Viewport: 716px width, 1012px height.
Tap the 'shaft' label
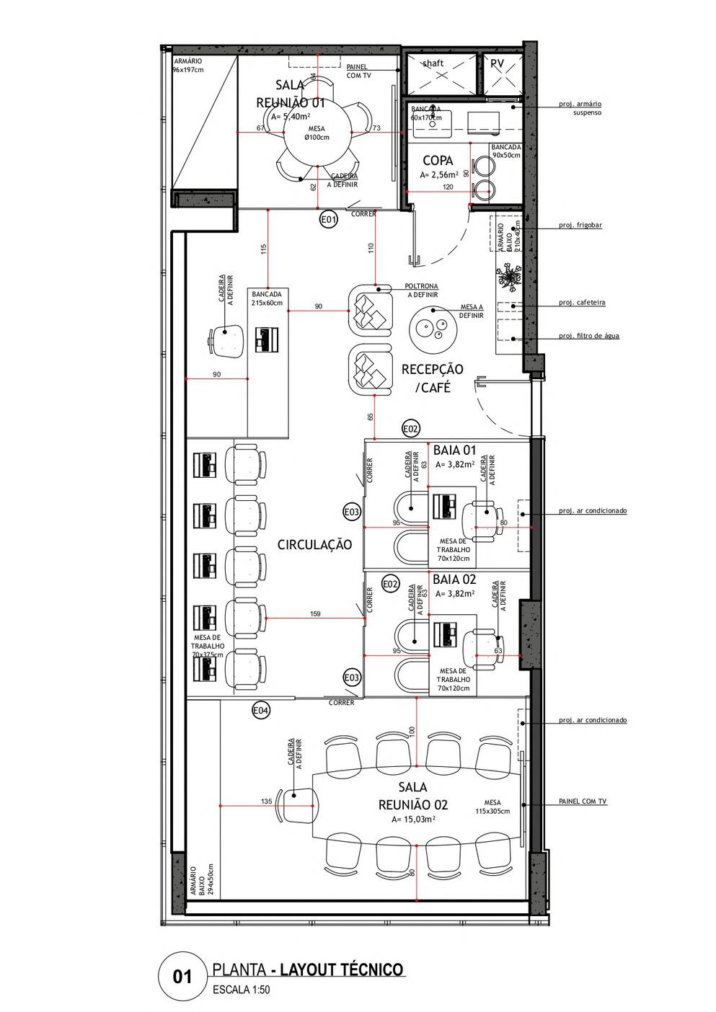(x=433, y=63)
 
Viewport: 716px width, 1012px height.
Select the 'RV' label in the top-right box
(x=497, y=63)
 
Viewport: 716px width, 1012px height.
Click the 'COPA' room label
(x=438, y=161)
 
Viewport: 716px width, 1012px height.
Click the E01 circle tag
(x=328, y=220)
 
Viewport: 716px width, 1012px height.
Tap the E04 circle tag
(x=260, y=711)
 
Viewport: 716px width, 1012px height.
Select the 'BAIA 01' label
(x=455, y=450)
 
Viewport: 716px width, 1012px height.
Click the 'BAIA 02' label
(x=454, y=580)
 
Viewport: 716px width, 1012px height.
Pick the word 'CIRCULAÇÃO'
(x=315, y=545)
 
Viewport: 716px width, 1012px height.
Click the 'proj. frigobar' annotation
(x=580, y=225)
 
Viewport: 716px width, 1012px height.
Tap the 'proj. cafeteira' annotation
(x=582, y=303)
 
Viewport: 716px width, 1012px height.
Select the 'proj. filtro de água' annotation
(x=588, y=336)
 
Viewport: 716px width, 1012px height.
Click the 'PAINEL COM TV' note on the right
(x=583, y=802)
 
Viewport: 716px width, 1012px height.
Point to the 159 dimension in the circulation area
(x=314, y=614)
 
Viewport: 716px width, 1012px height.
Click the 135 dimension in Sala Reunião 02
(x=266, y=802)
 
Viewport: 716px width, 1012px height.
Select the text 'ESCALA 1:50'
(x=242, y=990)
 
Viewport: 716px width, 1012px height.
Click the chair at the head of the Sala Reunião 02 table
(x=299, y=804)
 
